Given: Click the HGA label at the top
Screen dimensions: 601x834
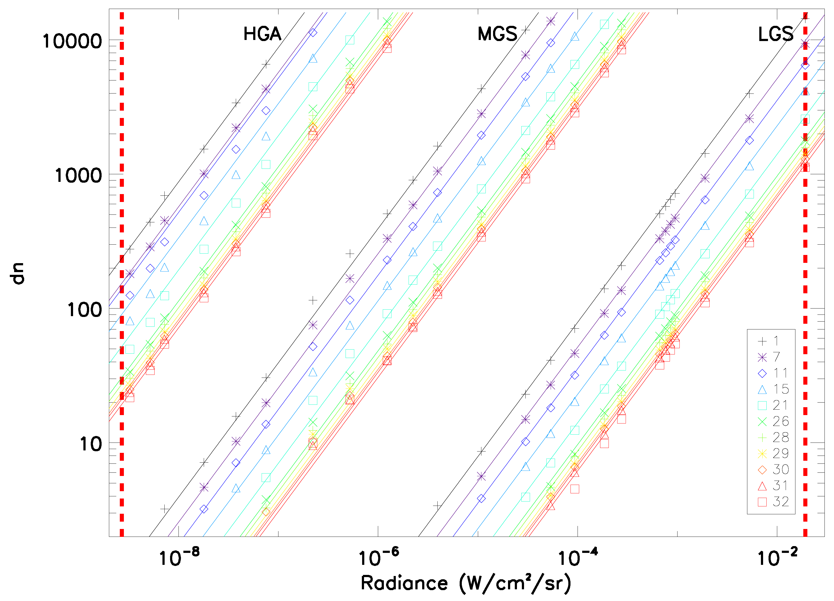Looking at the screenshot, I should pos(262,34).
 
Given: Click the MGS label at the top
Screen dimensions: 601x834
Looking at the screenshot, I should pos(497,34).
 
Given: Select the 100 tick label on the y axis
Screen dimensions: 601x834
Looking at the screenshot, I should pos(84,310).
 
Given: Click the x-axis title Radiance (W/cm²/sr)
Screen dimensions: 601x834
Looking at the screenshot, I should pos(466,583).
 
